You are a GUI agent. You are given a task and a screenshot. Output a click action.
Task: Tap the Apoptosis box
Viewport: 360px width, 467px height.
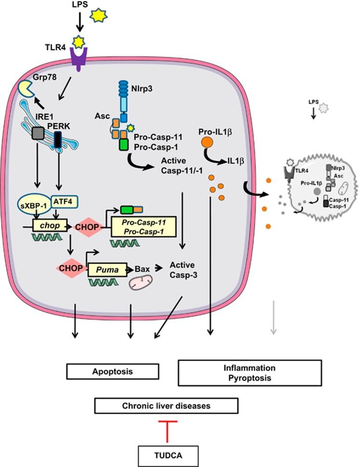tap(113, 372)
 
